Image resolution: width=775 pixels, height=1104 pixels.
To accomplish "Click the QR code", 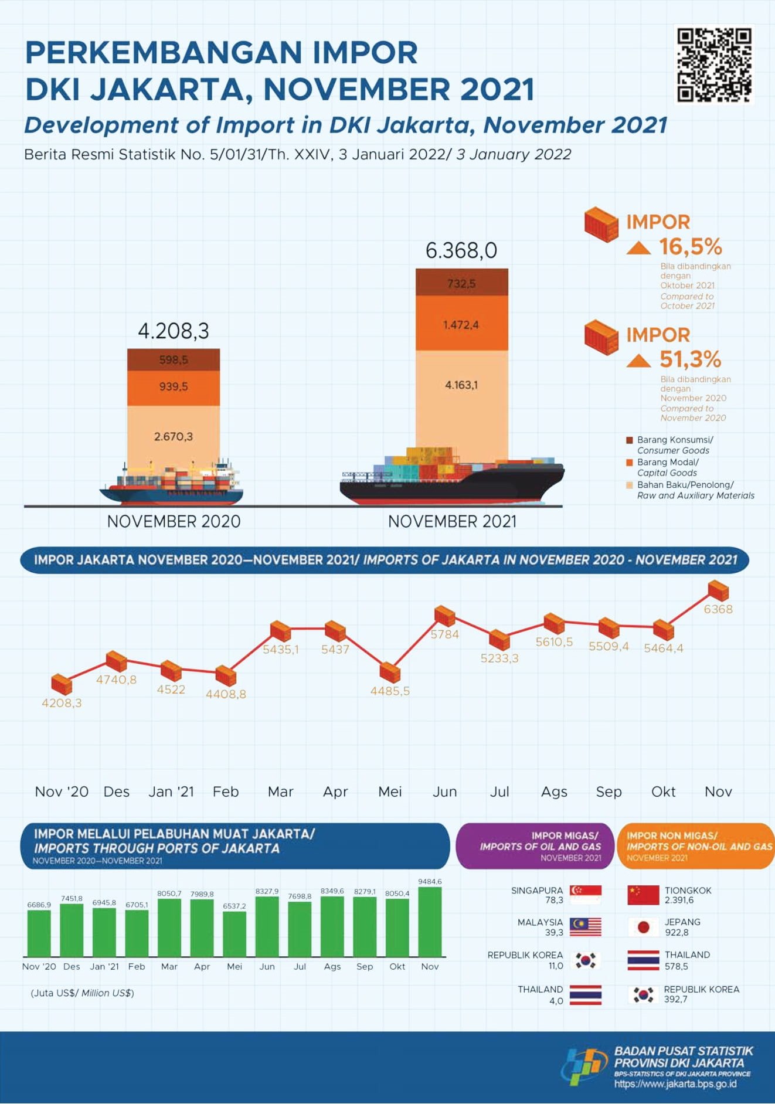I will pyautogui.click(x=714, y=64).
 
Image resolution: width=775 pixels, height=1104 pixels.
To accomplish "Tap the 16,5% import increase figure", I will pyautogui.click(x=690, y=247).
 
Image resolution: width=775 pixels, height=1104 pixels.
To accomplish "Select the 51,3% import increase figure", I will pyautogui.click(x=690, y=359).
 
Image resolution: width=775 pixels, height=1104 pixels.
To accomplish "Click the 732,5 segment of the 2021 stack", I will pyautogui.click(x=461, y=283).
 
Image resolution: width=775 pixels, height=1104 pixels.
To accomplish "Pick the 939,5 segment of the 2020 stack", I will pyautogui.click(x=174, y=387).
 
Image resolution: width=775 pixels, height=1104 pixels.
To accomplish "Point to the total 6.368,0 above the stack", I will pyautogui.click(x=461, y=250).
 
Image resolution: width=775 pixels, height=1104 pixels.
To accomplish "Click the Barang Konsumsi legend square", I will pyautogui.click(x=630, y=440).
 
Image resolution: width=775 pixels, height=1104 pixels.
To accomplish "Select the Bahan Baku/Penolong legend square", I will pyautogui.click(x=630, y=485).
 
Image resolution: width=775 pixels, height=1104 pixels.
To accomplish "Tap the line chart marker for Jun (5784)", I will pyautogui.click(x=445, y=616).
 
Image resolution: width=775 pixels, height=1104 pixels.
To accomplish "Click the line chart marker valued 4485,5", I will pyautogui.click(x=390, y=672).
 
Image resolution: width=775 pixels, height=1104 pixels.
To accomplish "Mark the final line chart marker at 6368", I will pyautogui.click(x=718, y=590).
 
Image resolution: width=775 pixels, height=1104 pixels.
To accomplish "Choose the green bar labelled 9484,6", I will pyautogui.click(x=430, y=922).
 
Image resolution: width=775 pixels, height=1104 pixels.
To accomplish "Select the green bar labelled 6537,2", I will pyautogui.click(x=234, y=934).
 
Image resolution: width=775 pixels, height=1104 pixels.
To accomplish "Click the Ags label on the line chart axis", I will pyautogui.click(x=554, y=792).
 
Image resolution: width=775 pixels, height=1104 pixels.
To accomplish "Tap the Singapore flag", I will pyautogui.click(x=586, y=895).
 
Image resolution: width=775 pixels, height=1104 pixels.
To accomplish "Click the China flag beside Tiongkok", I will pyautogui.click(x=643, y=895).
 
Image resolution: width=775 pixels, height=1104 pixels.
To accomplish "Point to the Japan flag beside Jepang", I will pyautogui.click(x=643, y=927).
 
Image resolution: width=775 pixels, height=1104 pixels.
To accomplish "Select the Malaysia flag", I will pyautogui.click(x=586, y=927).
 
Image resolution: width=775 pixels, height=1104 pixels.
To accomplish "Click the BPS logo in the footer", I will pyautogui.click(x=584, y=1066).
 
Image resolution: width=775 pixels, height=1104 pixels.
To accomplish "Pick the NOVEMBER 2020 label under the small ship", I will pyautogui.click(x=174, y=521).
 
